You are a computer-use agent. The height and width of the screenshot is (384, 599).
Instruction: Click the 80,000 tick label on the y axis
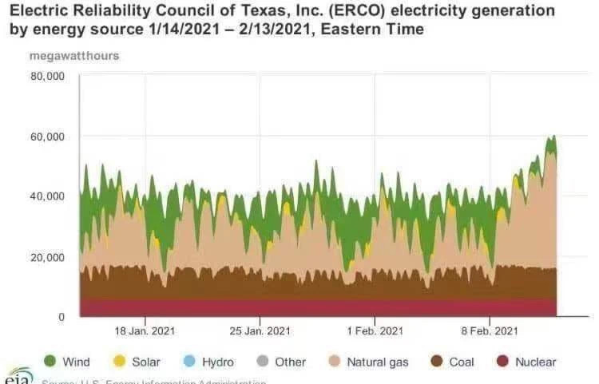coord(47,77)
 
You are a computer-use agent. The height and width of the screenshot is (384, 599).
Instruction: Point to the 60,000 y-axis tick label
coord(47,137)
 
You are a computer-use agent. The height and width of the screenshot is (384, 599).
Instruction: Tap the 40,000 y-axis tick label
coord(47,196)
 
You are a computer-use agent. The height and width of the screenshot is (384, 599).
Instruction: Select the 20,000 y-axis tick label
coord(47,257)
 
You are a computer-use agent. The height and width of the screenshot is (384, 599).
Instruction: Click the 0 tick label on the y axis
coord(61,317)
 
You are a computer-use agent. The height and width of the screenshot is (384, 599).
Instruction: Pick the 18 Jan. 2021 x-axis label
coord(145,331)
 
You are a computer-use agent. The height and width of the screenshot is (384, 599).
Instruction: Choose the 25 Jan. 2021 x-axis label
coord(260,331)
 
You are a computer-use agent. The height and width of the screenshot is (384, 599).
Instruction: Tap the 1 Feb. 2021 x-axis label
coord(375,331)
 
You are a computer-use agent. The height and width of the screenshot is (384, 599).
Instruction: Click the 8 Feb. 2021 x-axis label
coord(490,331)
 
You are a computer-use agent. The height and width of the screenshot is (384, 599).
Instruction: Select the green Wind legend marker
coord(50,362)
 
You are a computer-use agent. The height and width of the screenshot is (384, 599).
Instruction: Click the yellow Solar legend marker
coord(120,362)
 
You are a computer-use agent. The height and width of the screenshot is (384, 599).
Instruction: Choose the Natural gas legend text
coord(377,362)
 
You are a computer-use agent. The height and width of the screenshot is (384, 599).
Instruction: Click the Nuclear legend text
coord(535,362)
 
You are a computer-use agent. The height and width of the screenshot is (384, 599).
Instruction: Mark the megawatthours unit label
coord(74,56)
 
